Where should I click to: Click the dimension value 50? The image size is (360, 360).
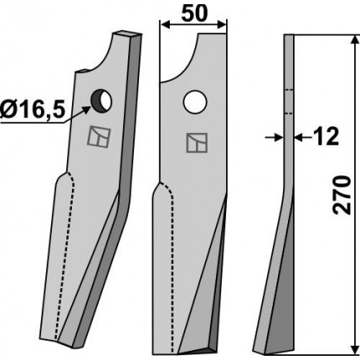pyautogui.click(x=194, y=13)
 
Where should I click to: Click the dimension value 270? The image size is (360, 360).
pyautogui.click(x=342, y=195)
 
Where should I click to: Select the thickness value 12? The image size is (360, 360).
pyautogui.click(x=325, y=136)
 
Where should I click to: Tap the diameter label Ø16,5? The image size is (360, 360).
pyautogui.click(x=33, y=110)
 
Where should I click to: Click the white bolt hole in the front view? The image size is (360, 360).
pyautogui.click(x=195, y=102)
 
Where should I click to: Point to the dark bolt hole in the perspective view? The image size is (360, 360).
pyautogui.click(x=100, y=101)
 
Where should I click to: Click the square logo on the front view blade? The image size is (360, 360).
pyautogui.click(x=197, y=143)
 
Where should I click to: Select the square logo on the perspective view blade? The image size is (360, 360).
pyautogui.click(x=99, y=136)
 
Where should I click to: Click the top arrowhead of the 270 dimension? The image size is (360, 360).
pyautogui.click(x=354, y=40)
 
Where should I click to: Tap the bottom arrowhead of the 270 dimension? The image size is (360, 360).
pyautogui.click(x=354, y=349)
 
